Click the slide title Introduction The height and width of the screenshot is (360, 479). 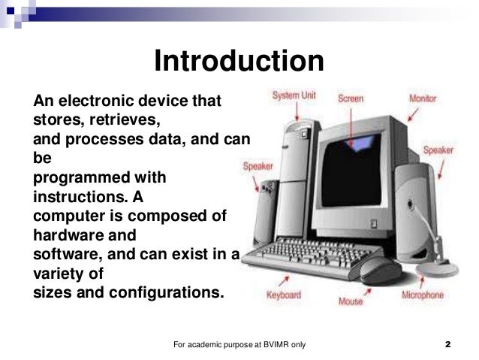tap(239, 62)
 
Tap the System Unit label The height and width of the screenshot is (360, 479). tap(293, 96)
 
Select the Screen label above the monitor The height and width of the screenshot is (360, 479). tap(351, 98)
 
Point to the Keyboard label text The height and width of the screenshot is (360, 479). tap(285, 295)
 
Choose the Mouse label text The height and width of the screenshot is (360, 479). tap(350, 301)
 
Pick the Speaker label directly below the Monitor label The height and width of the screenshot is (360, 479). tap(438, 150)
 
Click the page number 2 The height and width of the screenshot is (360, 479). tap(447, 345)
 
